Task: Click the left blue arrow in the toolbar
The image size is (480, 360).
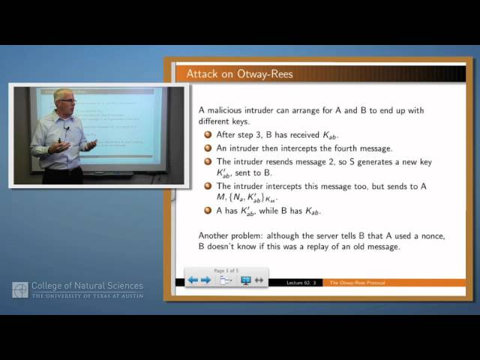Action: click(x=193, y=280)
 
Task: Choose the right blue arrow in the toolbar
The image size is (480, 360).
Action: click(x=205, y=280)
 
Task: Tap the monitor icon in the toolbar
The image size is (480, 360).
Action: click(x=245, y=280)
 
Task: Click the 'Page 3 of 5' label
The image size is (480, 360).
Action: click(x=226, y=270)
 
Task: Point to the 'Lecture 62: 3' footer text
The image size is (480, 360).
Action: click(x=304, y=283)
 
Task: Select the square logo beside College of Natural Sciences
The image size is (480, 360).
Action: click(x=20, y=290)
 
